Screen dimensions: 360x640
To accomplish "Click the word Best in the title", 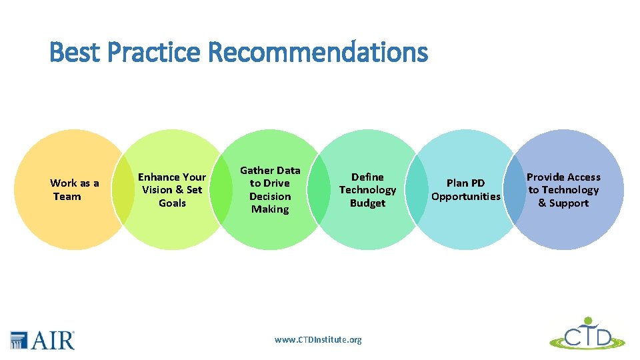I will pyautogui.click(x=73, y=51).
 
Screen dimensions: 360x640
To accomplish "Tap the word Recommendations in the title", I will pyautogui.click(x=318, y=51).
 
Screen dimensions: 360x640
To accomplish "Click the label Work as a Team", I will pyautogui.click(x=74, y=189).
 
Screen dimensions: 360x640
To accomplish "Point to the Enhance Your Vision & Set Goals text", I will pyautogui.click(x=172, y=189).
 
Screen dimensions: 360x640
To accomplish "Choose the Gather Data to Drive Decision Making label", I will pyautogui.click(x=270, y=189).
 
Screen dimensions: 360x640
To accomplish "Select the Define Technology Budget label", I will pyautogui.click(x=368, y=189).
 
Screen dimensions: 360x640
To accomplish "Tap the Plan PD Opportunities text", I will pyautogui.click(x=465, y=189).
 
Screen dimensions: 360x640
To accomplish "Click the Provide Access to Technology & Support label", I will pyautogui.click(x=563, y=189).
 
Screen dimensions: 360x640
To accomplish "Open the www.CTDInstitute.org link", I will pyautogui.click(x=318, y=339).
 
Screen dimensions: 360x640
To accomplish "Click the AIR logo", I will pyautogui.click(x=43, y=339).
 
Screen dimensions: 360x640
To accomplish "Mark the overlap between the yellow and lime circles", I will pyautogui.click(x=123, y=189).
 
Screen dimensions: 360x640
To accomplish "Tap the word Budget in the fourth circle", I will pyautogui.click(x=368, y=203).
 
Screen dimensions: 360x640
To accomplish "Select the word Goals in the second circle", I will pyautogui.click(x=172, y=203).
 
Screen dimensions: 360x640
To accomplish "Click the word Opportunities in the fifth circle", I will pyautogui.click(x=465, y=196).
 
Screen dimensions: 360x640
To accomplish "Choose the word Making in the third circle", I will pyautogui.click(x=270, y=209).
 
